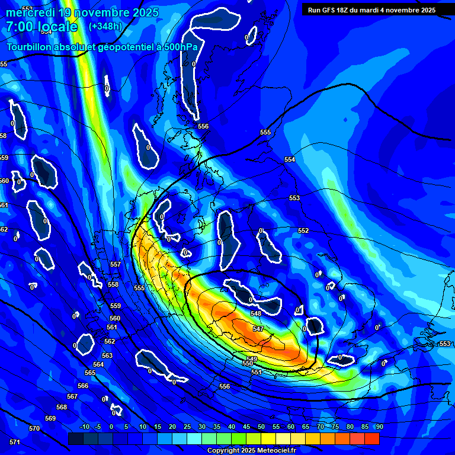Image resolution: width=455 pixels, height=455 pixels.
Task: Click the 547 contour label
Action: click(x=258, y=329)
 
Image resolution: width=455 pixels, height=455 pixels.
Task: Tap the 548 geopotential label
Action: click(x=256, y=313)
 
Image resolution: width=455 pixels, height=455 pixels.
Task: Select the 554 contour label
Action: click(x=290, y=160)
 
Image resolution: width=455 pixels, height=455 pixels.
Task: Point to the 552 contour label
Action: click(x=303, y=230)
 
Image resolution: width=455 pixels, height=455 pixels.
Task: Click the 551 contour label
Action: click(x=257, y=372)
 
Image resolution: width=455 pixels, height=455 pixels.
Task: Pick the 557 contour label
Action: click(x=116, y=264)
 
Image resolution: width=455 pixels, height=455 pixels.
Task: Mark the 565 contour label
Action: click(x=90, y=373)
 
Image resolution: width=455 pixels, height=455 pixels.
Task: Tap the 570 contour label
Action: click(x=34, y=428)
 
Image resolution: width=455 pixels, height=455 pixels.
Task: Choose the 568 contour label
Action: click(x=62, y=407)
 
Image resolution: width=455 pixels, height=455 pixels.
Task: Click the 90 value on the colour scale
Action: click(x=379, y=427)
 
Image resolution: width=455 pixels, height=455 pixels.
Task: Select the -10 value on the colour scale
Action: click(x=84, y=427)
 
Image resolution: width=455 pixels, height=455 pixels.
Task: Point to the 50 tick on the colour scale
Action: click(x=261, y=427)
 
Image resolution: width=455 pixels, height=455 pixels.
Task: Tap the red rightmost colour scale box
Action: click(x=371, y=438)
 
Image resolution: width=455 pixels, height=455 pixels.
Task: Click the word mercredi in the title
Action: click(x=30, y=12)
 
